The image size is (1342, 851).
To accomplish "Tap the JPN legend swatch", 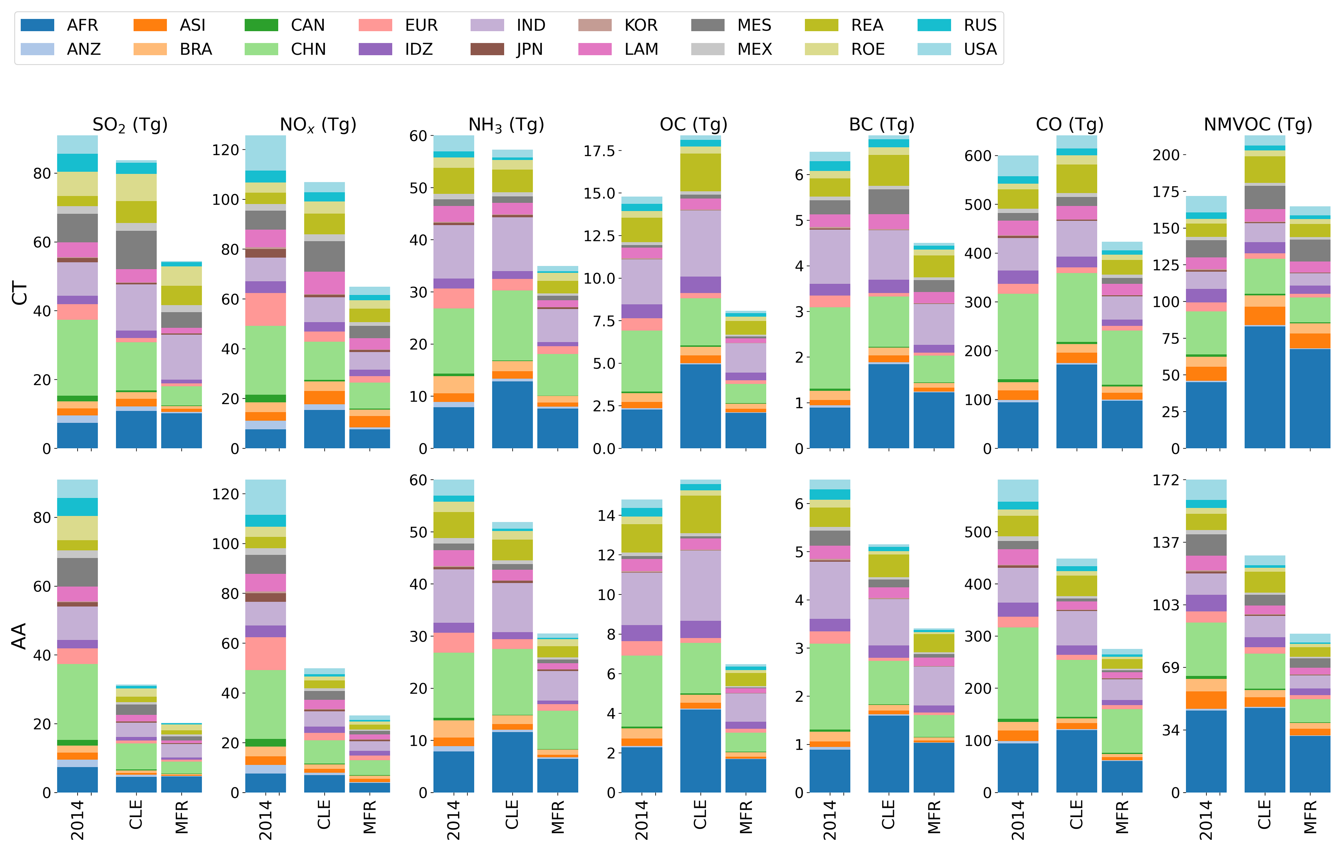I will (487, 49).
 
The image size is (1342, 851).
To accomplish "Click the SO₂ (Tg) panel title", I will (130, 124).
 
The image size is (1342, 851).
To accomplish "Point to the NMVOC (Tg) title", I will (1258, 124).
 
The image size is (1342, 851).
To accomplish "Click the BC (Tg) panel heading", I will (882, 124).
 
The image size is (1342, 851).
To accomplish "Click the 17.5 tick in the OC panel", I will (599, 151).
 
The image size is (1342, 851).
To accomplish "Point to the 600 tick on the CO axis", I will (978, 156).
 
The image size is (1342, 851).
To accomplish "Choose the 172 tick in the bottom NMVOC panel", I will (1166, 480).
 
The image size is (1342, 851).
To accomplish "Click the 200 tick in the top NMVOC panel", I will (1166, 155).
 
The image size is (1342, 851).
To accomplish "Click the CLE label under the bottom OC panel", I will (701, 814).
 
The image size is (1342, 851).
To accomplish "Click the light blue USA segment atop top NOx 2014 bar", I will (266, 153).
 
